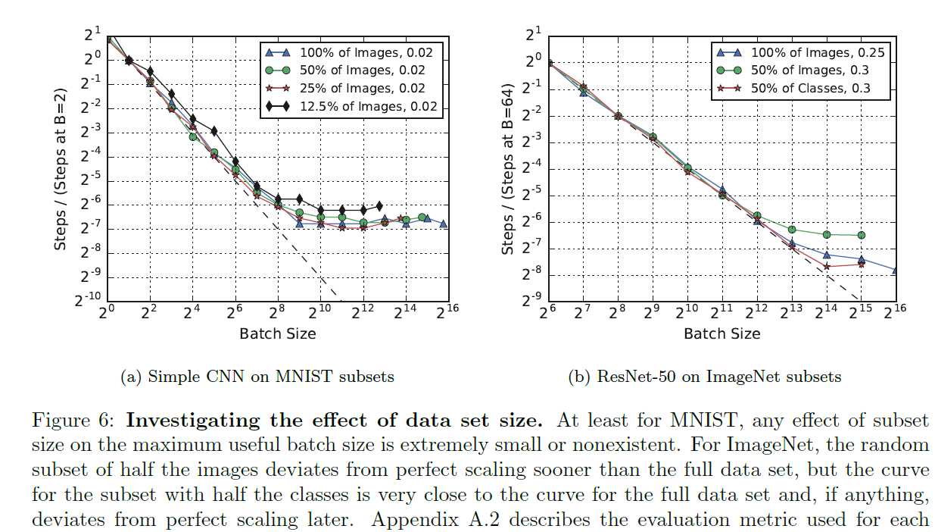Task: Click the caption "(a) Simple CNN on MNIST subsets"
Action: pos(257,376)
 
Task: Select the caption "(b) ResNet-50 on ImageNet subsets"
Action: pos(704,376)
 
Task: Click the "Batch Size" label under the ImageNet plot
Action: pos(722,333)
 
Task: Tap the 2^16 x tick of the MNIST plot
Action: pos(448,312)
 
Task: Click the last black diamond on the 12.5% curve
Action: pos(379,205)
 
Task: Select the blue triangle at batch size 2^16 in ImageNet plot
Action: pos(896,271)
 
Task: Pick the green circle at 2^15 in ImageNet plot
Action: pos(861,235)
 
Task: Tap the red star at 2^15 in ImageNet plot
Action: pos(861,264)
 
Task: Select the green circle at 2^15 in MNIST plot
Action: pos(422,217)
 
